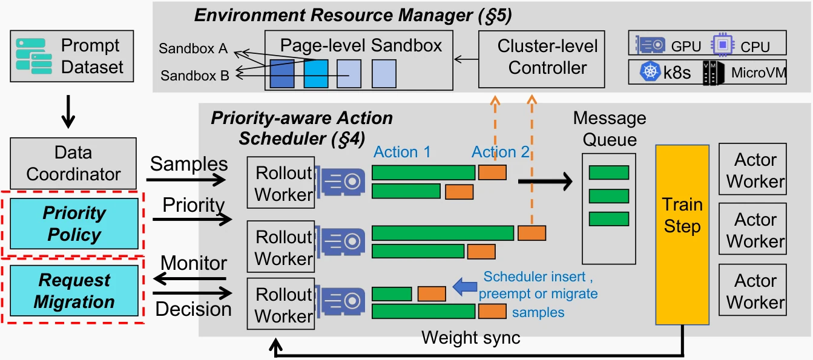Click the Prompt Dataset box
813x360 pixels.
pos(72,56)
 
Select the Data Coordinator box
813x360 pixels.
pos(73,163)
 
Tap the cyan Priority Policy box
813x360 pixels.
pos(74,223)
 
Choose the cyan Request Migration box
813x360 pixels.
pos(74,290)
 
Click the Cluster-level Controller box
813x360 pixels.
pos(542,59)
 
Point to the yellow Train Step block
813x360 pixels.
pos(682,235)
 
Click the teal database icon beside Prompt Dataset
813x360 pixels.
pos(34,56)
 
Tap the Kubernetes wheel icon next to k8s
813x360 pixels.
pos(650,71)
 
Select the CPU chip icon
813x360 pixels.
pos(723,45)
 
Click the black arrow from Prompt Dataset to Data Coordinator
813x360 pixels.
pos(68,112)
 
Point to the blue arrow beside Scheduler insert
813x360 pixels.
pos(465,287)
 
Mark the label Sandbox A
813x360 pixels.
pos(193,48)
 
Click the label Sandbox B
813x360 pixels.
pos(195,76)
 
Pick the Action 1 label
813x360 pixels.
pos(402,152)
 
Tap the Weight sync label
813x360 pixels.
pos(471,338)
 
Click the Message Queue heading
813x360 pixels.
pos(610,129)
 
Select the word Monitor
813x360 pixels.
pos(194,263)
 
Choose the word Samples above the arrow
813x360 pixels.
pos(189,164)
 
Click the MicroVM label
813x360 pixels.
pos(759,73)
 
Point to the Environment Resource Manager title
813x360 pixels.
pos(353,16)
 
